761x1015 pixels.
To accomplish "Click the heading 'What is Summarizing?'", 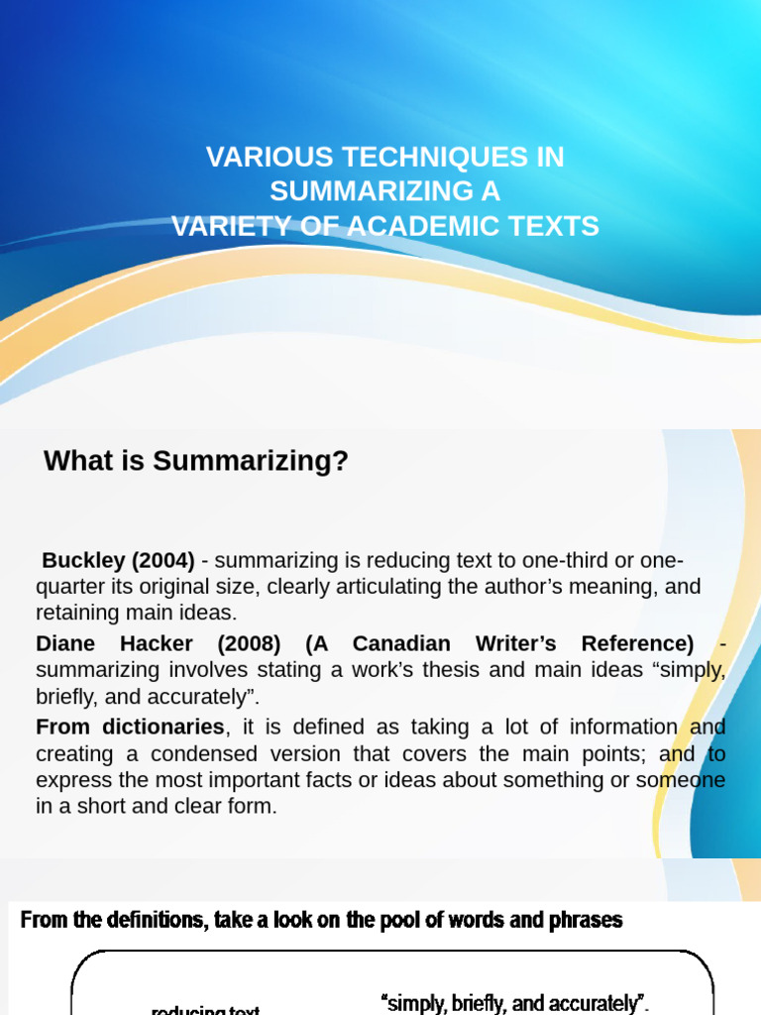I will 196,461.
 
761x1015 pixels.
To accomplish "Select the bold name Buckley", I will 82,560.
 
